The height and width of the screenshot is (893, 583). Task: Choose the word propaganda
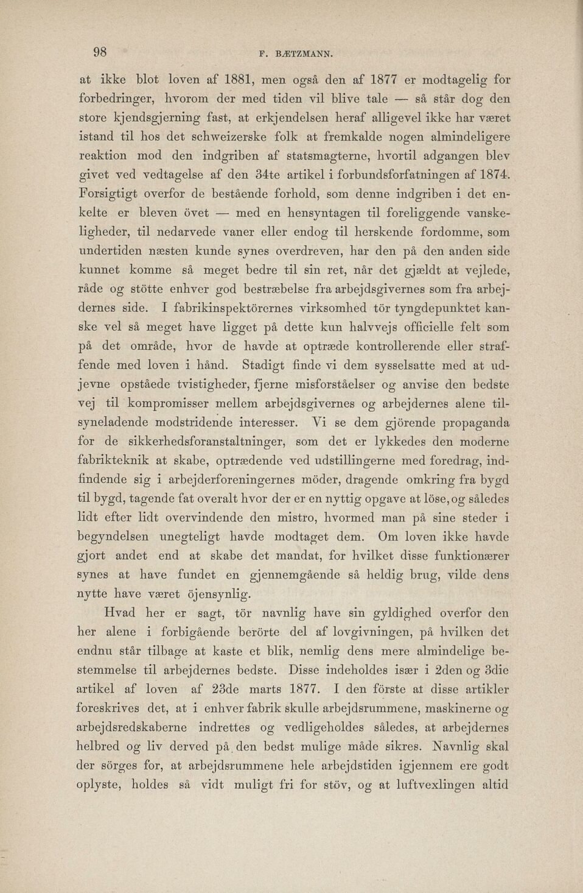(x=470, y=423)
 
